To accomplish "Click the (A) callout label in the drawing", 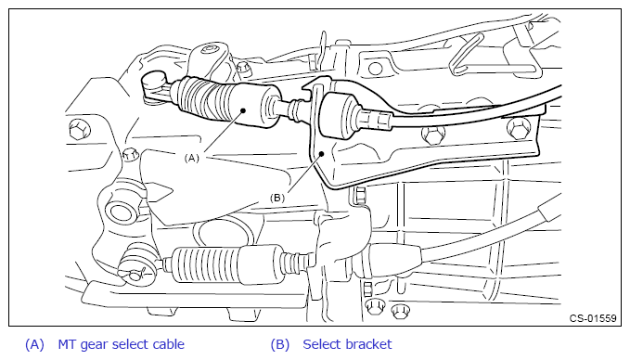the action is (192, 159).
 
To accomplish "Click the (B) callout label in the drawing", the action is (277, 198).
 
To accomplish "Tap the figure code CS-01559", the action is (593, 318).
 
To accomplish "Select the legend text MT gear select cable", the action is (121, 344).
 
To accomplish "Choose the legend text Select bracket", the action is (347, 344).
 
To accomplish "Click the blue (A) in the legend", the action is (34, 345).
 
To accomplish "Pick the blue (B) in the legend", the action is (279, 345).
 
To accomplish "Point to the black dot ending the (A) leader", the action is (243, 110).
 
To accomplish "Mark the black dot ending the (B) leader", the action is (321, 154).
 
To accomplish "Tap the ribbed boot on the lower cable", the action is (207, 264).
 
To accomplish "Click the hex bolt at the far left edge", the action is (79, 129).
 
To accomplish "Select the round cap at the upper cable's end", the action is (155, 79).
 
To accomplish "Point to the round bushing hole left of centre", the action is (122, 212).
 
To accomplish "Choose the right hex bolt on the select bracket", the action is (519, 129).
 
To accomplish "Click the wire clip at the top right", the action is (466, 54).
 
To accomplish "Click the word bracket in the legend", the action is (369, 344).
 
